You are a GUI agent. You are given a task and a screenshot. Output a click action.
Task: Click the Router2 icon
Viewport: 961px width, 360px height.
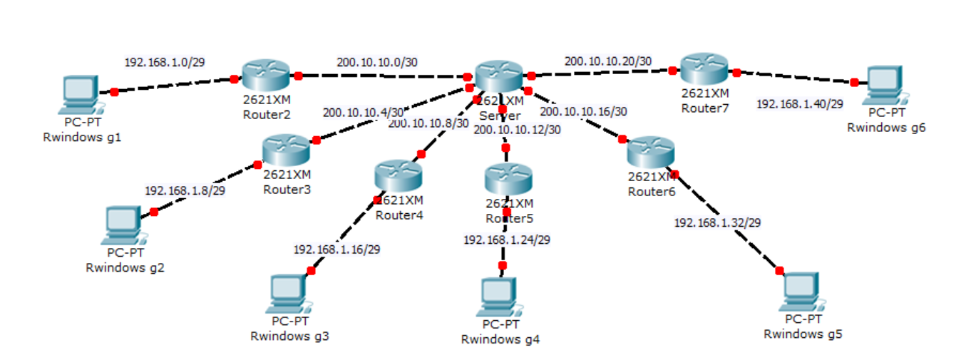point(265,74)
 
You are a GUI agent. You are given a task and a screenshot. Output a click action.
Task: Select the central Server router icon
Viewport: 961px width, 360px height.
point(498,76)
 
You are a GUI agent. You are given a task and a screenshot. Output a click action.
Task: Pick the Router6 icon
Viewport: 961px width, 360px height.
point(650,152)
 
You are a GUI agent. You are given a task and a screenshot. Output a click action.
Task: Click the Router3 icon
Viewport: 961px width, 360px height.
point(285,149)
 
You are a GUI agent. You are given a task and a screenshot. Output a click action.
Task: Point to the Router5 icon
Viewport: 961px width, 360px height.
point(508,178)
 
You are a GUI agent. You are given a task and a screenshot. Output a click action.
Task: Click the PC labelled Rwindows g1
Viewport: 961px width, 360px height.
point(80,93)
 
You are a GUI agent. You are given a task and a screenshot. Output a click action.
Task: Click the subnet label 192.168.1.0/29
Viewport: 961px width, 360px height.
point(165,62)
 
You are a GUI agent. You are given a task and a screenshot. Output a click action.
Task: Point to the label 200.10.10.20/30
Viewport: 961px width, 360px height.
point(607,61)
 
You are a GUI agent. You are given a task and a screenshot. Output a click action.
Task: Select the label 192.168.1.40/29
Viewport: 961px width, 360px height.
point(799,104)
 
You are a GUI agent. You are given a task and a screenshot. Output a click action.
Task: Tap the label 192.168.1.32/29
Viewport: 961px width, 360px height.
point(717,222)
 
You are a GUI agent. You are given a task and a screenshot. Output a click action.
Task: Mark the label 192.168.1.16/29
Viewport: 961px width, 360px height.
point(336,250)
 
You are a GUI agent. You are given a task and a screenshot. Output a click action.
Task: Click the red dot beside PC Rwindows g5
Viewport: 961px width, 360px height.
point(779,270)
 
